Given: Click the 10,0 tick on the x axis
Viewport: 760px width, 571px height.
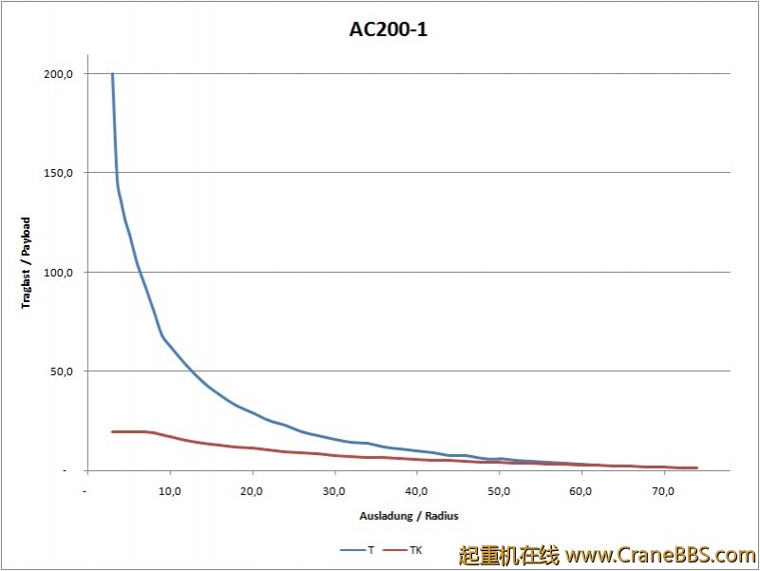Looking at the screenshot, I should pyautogui.click(x=169, y=491).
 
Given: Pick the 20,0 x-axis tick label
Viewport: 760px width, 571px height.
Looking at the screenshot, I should pyautogui.click(x=252, y=491).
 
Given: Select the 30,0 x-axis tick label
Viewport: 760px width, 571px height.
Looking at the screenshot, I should pyautogui.click(x=333, y=491).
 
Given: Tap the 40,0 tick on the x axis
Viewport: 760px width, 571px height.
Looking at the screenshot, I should pyautogui.click(x=416, y=491).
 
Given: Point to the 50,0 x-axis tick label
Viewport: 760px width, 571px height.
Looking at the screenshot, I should pyautogui.click(x=498, y=491).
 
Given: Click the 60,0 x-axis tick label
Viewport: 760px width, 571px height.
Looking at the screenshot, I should pyautogui.click(x=580, y=491).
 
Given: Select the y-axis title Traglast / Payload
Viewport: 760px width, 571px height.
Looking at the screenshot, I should pyautogui.click(x=27, y=263).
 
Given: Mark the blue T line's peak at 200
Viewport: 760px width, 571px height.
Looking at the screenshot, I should pyautogui.click(x=112, y=74).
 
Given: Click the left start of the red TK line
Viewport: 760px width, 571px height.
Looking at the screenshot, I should pyautogui.click(x=112, y=431).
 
